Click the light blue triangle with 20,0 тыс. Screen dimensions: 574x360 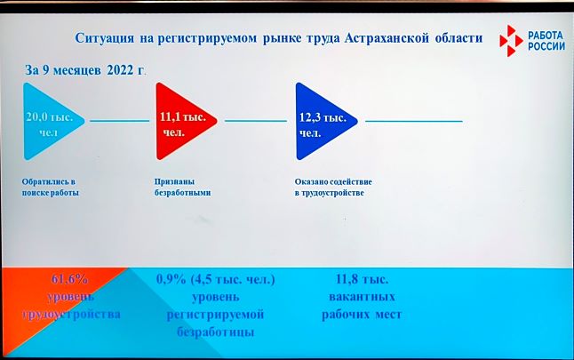tap(48, 121)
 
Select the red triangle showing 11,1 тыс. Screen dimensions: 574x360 tap(180, 121)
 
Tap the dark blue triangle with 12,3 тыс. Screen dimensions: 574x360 tap(320, 121)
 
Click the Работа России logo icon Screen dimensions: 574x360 tap(511, 41)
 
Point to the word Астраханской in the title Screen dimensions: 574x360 tap(387, 38)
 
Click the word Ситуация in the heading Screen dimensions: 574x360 tap(105, 38)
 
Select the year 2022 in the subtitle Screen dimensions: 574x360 tap(121, 70)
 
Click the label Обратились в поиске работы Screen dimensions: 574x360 tap(50, 188)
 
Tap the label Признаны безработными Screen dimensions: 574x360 tap(182, 188)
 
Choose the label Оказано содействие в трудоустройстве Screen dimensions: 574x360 tap(333, 188)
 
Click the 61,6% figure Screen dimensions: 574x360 tap(69, 279)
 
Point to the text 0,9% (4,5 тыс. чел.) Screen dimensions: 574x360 tap(216, 279)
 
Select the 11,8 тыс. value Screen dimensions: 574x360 tap(362, 279)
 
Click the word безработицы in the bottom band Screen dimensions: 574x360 tap(216, 332)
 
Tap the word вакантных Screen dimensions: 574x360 tap(362, 297)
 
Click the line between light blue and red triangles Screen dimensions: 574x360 tap(120, 121)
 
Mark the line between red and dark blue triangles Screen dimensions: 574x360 tap(256, 121)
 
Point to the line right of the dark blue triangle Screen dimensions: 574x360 tap(414, 121)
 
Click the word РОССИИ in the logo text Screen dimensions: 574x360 tap(546, 46)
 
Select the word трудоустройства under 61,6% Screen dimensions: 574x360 tap(71, 315)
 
